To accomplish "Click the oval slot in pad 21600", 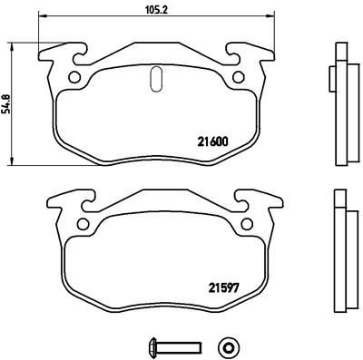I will (154, 80).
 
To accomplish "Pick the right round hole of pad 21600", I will (239, 76).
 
